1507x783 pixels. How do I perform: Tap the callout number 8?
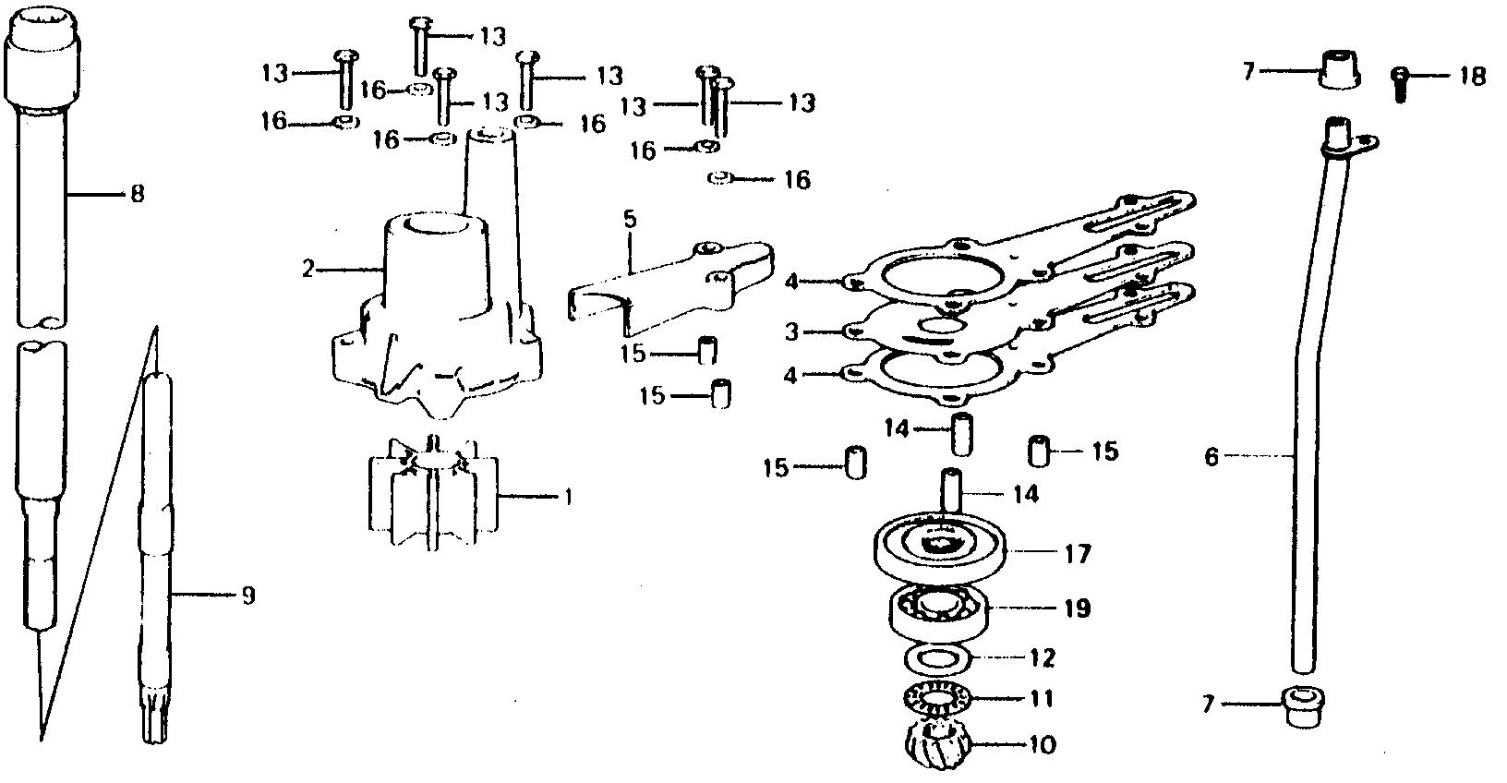point(137,195)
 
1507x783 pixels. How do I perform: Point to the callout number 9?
point(247,596)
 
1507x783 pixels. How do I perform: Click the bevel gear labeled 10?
point(934,741)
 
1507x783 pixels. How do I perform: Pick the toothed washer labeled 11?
point(934,700)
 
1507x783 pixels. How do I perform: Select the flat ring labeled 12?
point(935,658)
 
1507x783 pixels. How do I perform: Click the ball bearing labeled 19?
point(938,608)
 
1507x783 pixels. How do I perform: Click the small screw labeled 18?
point(1400,84)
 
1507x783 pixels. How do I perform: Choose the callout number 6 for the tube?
point(1212,455)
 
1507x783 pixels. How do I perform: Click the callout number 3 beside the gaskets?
point(791,331)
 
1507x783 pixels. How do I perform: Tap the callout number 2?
point(308,270)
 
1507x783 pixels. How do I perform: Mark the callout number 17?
point(1077,554)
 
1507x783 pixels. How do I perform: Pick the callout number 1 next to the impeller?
point(569,498)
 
